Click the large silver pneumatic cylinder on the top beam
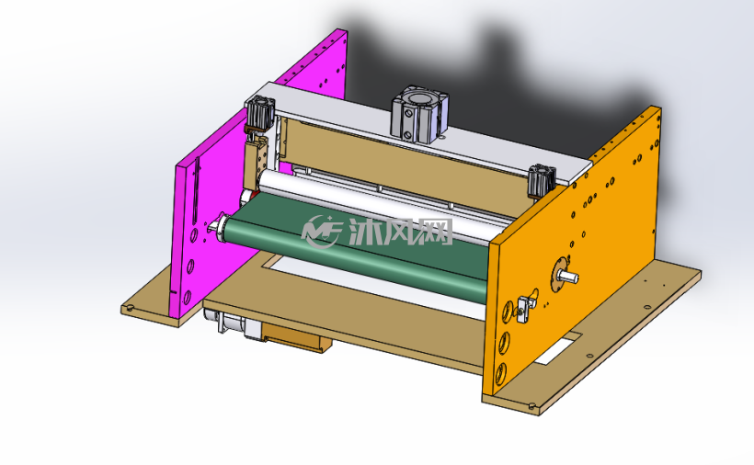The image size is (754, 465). (x=420, y=114)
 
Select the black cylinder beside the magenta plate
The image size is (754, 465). (x=260, y=113)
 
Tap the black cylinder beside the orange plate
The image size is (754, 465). (x=542, y=181)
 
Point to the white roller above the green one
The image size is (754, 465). (x=384, y=204)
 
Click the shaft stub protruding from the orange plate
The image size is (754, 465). (x=568, y=277)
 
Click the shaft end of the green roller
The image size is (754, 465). (x=215, y=225)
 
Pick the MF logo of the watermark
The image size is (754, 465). (x=321, y=232)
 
